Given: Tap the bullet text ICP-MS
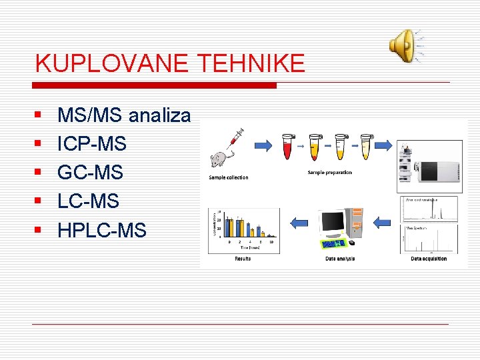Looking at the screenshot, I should (x=92, y=144).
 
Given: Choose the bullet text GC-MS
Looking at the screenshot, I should (x=91, y=173).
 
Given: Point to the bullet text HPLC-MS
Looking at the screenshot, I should (x=101, y=231).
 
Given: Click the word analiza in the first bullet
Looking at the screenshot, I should (x=159, y=115).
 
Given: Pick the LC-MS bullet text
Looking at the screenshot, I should (x=89, y=201).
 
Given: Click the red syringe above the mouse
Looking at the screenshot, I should (x=233, y=139).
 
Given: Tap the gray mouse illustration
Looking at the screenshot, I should (x=219, y=159).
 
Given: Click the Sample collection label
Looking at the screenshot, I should (x=228, y=177).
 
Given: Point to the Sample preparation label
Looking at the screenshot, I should (x=329, y=173).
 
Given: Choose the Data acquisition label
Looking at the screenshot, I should (x=429, y=259).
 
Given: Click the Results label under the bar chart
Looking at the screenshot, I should (x=243, y=259).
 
